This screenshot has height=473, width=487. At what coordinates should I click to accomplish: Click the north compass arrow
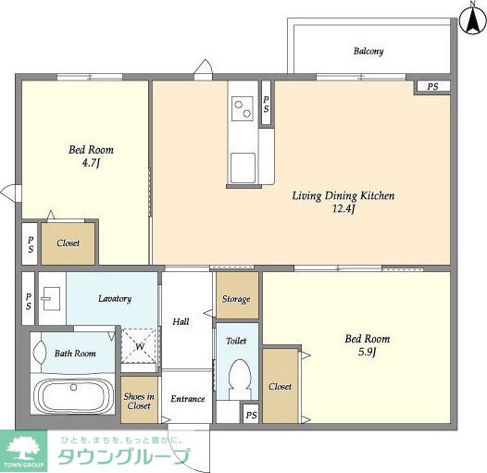(473, 20)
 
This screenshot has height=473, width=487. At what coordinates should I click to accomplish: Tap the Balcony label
(368, 51)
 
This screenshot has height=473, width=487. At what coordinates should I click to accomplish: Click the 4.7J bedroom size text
(91, 163)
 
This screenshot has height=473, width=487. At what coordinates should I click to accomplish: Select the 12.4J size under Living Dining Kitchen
(343, 208)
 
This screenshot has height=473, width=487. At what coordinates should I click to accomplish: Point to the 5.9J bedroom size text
(368, 352)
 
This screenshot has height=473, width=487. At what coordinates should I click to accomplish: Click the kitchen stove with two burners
(243, 108)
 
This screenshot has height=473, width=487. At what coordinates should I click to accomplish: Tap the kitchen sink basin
(243, 168)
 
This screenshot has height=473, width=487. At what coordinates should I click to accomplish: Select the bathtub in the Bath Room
(74, 394)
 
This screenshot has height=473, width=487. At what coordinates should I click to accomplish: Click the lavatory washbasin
(51, 298)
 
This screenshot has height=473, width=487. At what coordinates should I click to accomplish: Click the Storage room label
(236, 299)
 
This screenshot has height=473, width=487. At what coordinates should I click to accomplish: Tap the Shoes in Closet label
(139, 401)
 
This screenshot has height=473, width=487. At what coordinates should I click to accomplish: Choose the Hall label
(181, 321)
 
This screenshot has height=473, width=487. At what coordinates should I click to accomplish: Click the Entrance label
(188, 399)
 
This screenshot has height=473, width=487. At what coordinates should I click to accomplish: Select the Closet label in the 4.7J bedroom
(68, 243)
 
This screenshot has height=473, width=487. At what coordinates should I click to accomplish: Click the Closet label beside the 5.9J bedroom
(281, 386)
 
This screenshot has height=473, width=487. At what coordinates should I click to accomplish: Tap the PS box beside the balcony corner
(433, 86)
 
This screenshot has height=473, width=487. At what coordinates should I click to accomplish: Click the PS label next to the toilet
(252, 415)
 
